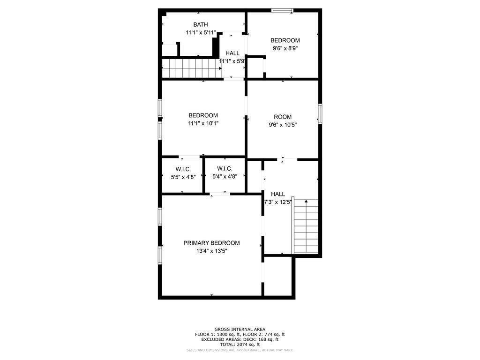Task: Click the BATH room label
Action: pyautogui.click(x=201, y=24)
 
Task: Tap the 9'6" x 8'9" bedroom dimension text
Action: pyautogui.click(x=285, y=48)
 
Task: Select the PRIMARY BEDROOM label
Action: pyautogui.click(x=211, y=243)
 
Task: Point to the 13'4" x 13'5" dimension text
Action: pyautogui.click(x=211, y=251)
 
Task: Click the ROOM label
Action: pyautogui.click(x=283, y=117)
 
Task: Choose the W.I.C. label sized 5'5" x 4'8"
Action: pyautogui.click(x=183, y=169)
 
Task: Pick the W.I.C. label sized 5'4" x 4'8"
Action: pyautogui.click(x=225, y=168)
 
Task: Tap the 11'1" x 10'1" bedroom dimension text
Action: pyautogui.click(x=203, y=123)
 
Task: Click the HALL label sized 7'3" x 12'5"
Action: pyautogui.click(x=278, y=194)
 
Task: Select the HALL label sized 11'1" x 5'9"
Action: pyautogui.click(x=232, y=53)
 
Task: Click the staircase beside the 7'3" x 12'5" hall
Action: pyautogui.click(x=306, y=226)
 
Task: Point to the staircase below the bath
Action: pyautogui.click(x=192, y=68)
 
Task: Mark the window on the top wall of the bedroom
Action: pyautogui.click(x=282, y=11)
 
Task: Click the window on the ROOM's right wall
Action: pyautogui.click(x=320, y=113)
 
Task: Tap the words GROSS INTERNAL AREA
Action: pyautogui.click(x=240, y=330)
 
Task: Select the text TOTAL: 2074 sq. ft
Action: pyautogui.click(x=240, y=345)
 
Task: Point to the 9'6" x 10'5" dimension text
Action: pyautogui.click(x=283, y=125)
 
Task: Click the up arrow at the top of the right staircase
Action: pyautogui.click(x=306, y=201)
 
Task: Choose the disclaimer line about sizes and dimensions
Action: pyautogui.click(x=240, y=350)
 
